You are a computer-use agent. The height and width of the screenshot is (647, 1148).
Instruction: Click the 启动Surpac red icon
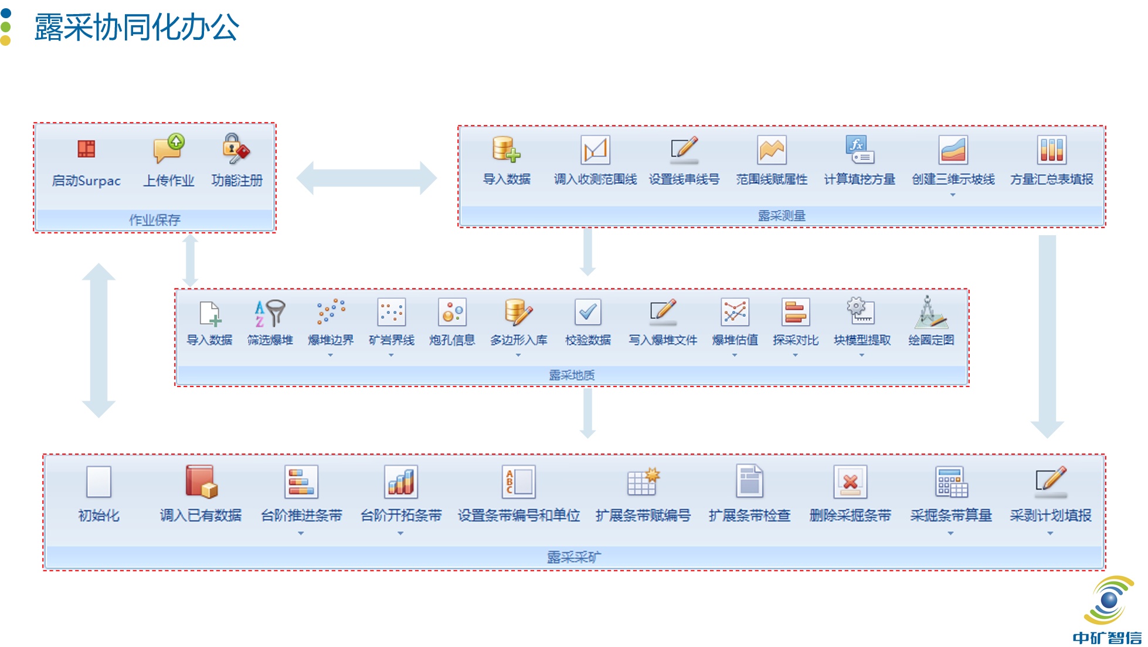pyautogui.click(x=86, y=149)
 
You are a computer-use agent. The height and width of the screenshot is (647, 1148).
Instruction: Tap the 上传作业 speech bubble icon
pyautogui.click(x=169, y=148)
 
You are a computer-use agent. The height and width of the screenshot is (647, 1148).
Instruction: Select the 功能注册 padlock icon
pyautogui.click(x=236, y=148)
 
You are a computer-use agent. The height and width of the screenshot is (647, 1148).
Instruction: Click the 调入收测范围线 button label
pyautogui.click(x=595, y=179)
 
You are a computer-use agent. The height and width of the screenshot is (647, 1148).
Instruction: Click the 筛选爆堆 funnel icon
pyautogui.click(x=270, y=313)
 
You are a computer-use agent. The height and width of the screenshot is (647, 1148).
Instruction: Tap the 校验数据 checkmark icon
pyautogui.click(x=587, y=313)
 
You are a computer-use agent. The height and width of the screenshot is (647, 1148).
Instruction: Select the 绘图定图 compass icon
pyautogui.click(x=930, y=313)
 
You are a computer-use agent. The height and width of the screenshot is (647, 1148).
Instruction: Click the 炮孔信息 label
pyautogui.click(x=451, y=340)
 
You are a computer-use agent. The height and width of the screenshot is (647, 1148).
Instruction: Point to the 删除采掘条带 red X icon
pyautogui.click(x=850, y=482)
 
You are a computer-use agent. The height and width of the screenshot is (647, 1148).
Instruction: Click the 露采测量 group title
pyautogui.click(x=782, y=216)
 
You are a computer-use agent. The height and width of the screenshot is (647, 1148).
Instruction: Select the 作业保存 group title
pyautogui.click(x=155, y=220)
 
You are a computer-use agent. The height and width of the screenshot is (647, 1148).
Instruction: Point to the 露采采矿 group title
pyautogui.click(x=573, y=557)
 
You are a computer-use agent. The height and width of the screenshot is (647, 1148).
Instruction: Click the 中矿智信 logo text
pyautogui.click(x=1107, y=638)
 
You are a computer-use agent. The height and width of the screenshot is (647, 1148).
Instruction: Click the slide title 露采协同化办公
pyautogui.click(x=137, y=28)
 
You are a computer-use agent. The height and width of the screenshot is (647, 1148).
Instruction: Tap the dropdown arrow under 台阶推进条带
pyautogui.click(x=301, y=533)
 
